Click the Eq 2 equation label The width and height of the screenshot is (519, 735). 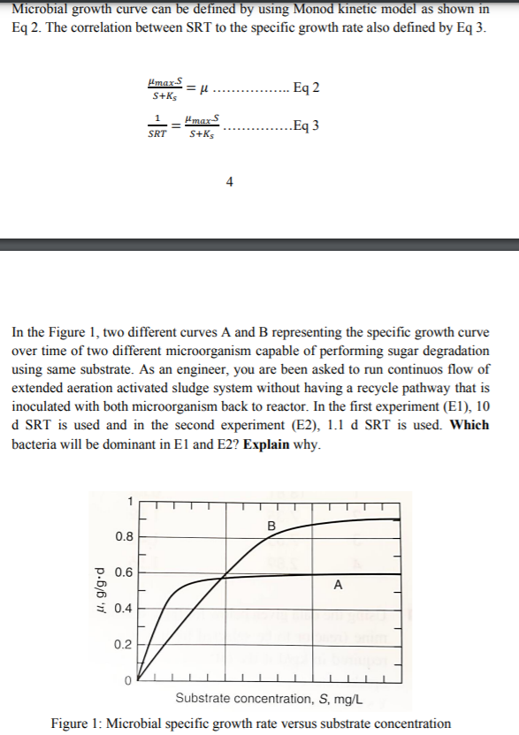[x=306, y=87]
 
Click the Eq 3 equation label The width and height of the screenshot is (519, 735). [x=305, y=125]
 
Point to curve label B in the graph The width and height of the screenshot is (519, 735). [x=271, y=528]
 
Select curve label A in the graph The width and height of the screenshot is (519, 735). [x=339, y=585]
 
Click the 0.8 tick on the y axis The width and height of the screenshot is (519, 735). [x=125, y=536]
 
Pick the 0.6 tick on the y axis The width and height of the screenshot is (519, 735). [x=125, y=572]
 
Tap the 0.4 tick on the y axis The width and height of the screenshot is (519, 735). [x=125, y=609]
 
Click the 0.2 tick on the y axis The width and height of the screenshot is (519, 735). [x=125, y=645]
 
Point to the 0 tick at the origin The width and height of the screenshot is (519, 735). [x=128, y=681]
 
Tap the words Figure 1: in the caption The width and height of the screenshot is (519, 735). [x=77, y=724]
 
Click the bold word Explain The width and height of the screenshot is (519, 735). [x=266, y=442]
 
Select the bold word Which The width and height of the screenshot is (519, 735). [x=469, y=425]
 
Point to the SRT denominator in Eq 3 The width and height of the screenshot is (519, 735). [x=156, y=134]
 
